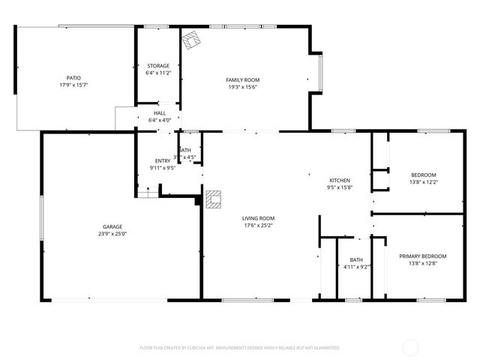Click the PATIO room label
pos(73,77)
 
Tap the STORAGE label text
pos(158,66)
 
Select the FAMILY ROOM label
pos(242,79)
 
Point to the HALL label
pos(160,112)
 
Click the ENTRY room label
pos(163,161)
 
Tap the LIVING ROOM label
pos(257,218)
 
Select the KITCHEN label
pos(340,181)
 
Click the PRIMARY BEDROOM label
pos(418,256)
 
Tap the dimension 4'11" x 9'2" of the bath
pos(356,266)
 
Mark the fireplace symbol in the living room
pos(214,198)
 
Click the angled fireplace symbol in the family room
pos(193,39)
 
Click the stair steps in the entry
pos(148,193)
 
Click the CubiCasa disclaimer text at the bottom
pos(240,348)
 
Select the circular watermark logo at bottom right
pos(411,347)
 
